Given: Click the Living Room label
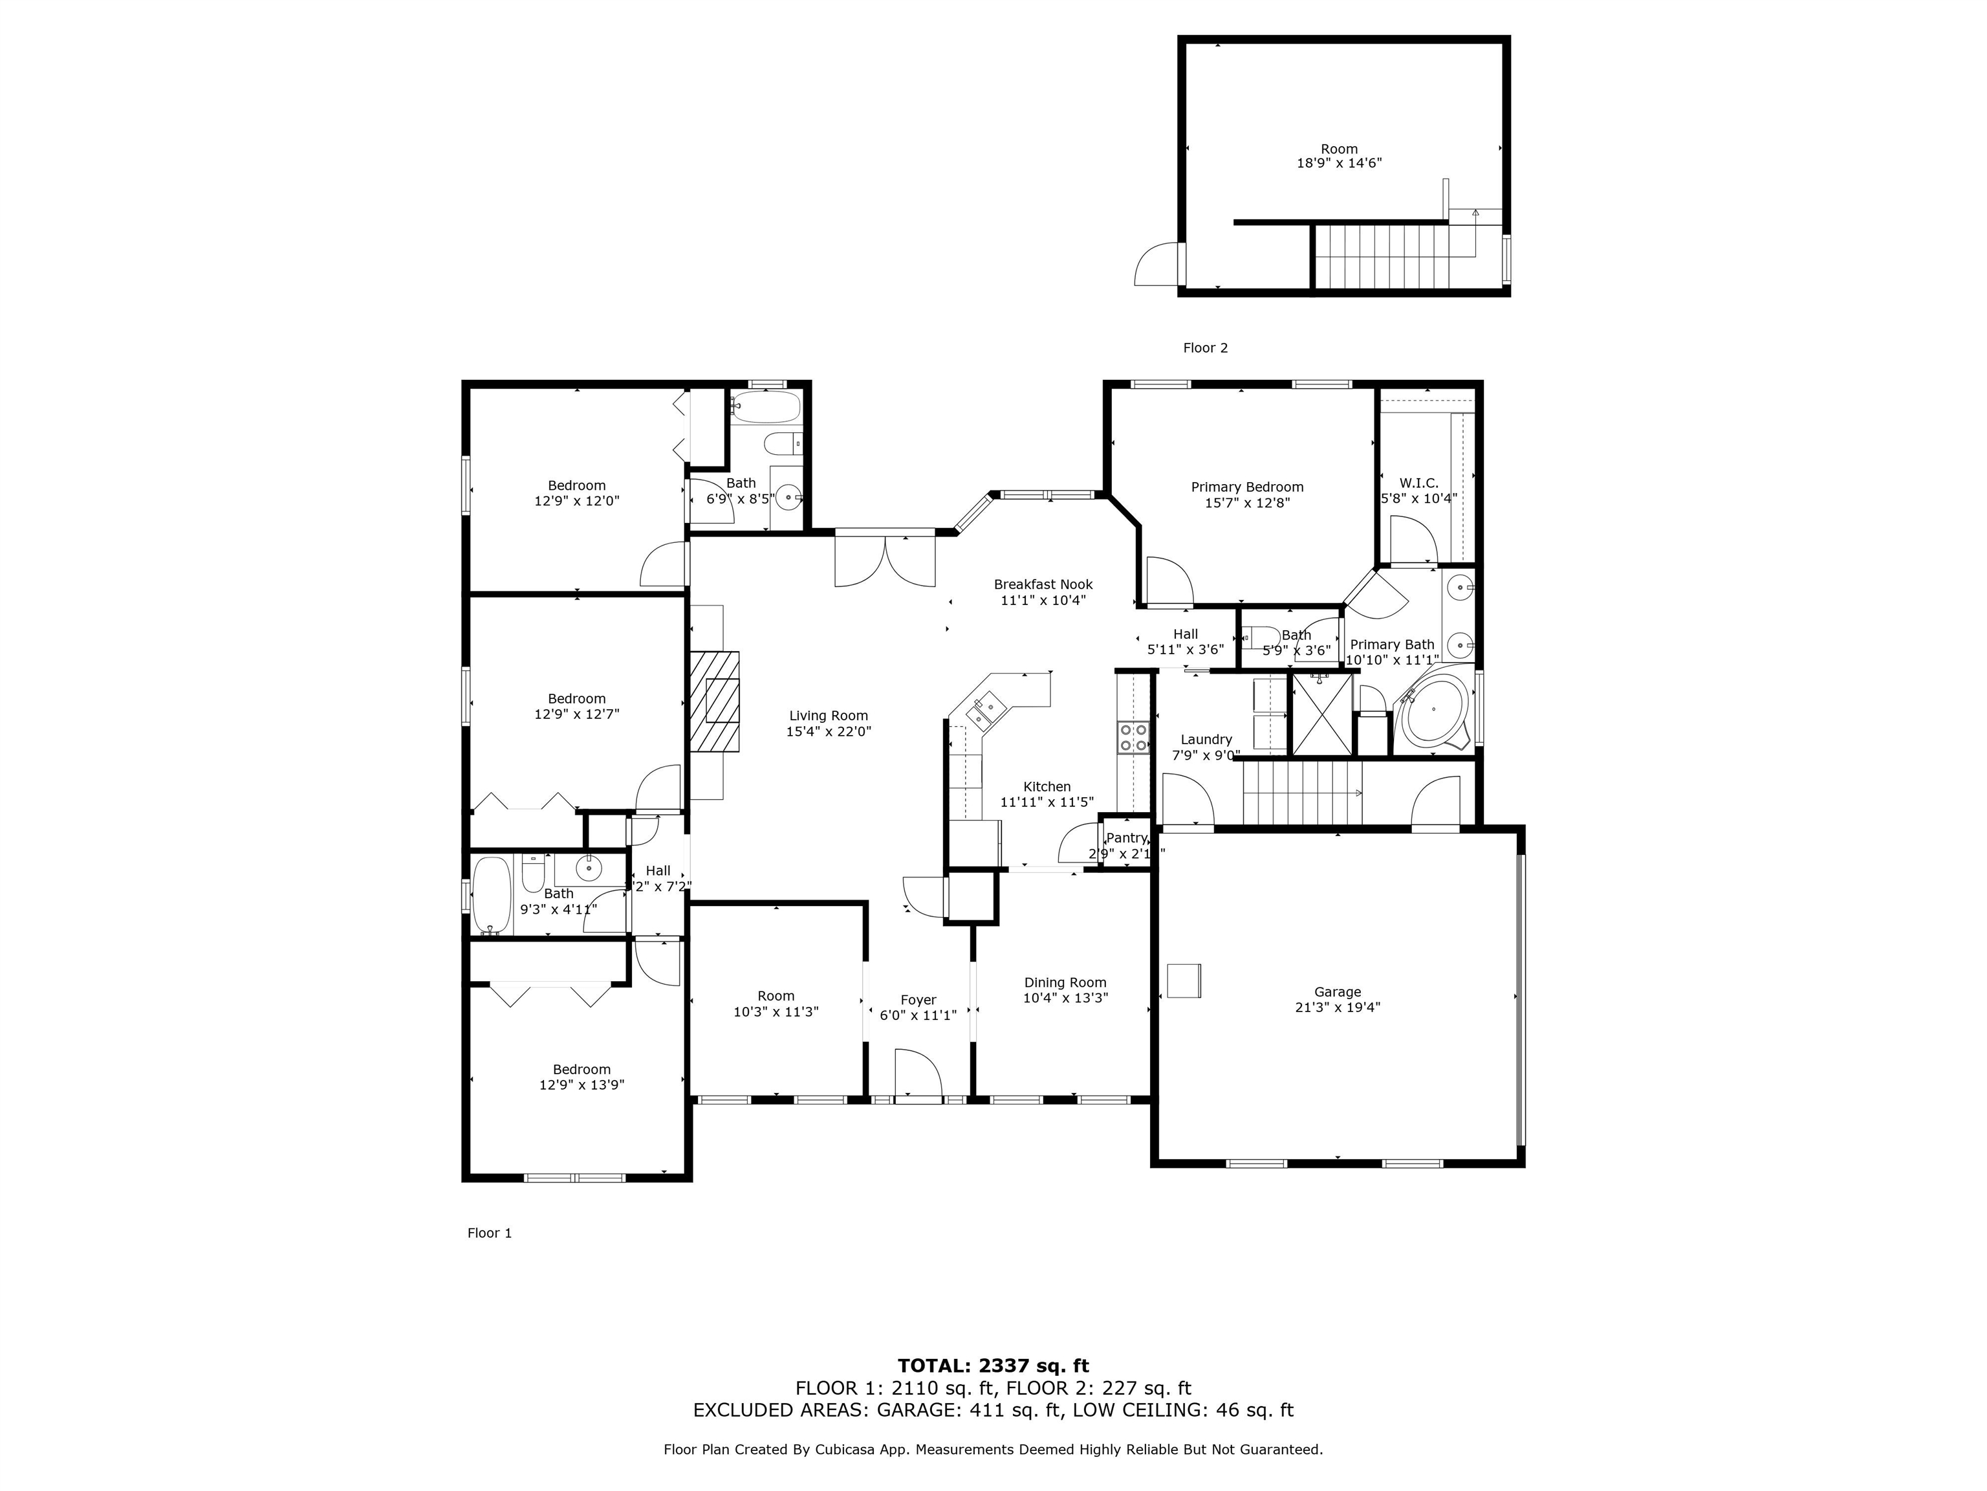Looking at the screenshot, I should click(828, 716).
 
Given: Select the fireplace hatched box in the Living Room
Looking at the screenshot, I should click(716, 701).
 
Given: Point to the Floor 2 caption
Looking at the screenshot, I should click(1204, 348).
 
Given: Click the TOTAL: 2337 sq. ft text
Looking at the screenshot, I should click(993, 1366).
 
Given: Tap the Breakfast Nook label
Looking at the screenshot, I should click(1043, 584).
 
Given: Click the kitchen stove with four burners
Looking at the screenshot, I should click(1133, 737).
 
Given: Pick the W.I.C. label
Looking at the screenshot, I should click(1418, 483).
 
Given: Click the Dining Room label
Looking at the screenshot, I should click(1065, 982).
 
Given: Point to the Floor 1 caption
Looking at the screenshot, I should click(490, 1233).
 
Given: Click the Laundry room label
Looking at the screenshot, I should click(1206, 740).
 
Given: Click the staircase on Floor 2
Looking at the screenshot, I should click(1382, 256).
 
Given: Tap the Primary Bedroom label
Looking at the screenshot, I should click(1247, 487).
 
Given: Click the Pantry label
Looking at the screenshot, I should click(1127, 837).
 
